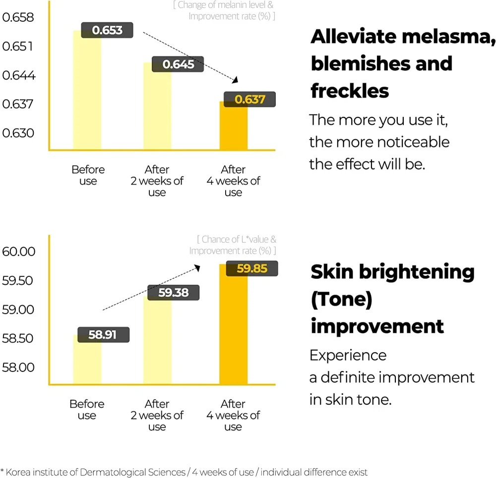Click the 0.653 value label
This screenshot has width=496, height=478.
tap(107, 30)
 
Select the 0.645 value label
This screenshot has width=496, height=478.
tap(178, 64)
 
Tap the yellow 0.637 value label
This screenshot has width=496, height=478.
tap(249, 99)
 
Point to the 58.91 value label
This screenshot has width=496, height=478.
tap(103, 334)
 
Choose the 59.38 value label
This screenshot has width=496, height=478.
tap(174, 292)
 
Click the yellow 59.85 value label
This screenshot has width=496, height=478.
tap(251, 268)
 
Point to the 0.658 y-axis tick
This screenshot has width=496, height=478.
tap(18, 18)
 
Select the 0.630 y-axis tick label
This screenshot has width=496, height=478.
tap(18, 133)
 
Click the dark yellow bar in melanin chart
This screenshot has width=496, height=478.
tap(233, 129)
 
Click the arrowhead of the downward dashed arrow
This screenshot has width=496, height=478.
tap(236, 80)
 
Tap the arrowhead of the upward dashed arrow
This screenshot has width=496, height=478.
tap(197, 267)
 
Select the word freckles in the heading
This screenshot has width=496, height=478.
tap(350, 91)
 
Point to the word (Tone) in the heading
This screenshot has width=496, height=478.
tap(341, 299)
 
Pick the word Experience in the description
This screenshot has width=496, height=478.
tap(348, 355)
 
